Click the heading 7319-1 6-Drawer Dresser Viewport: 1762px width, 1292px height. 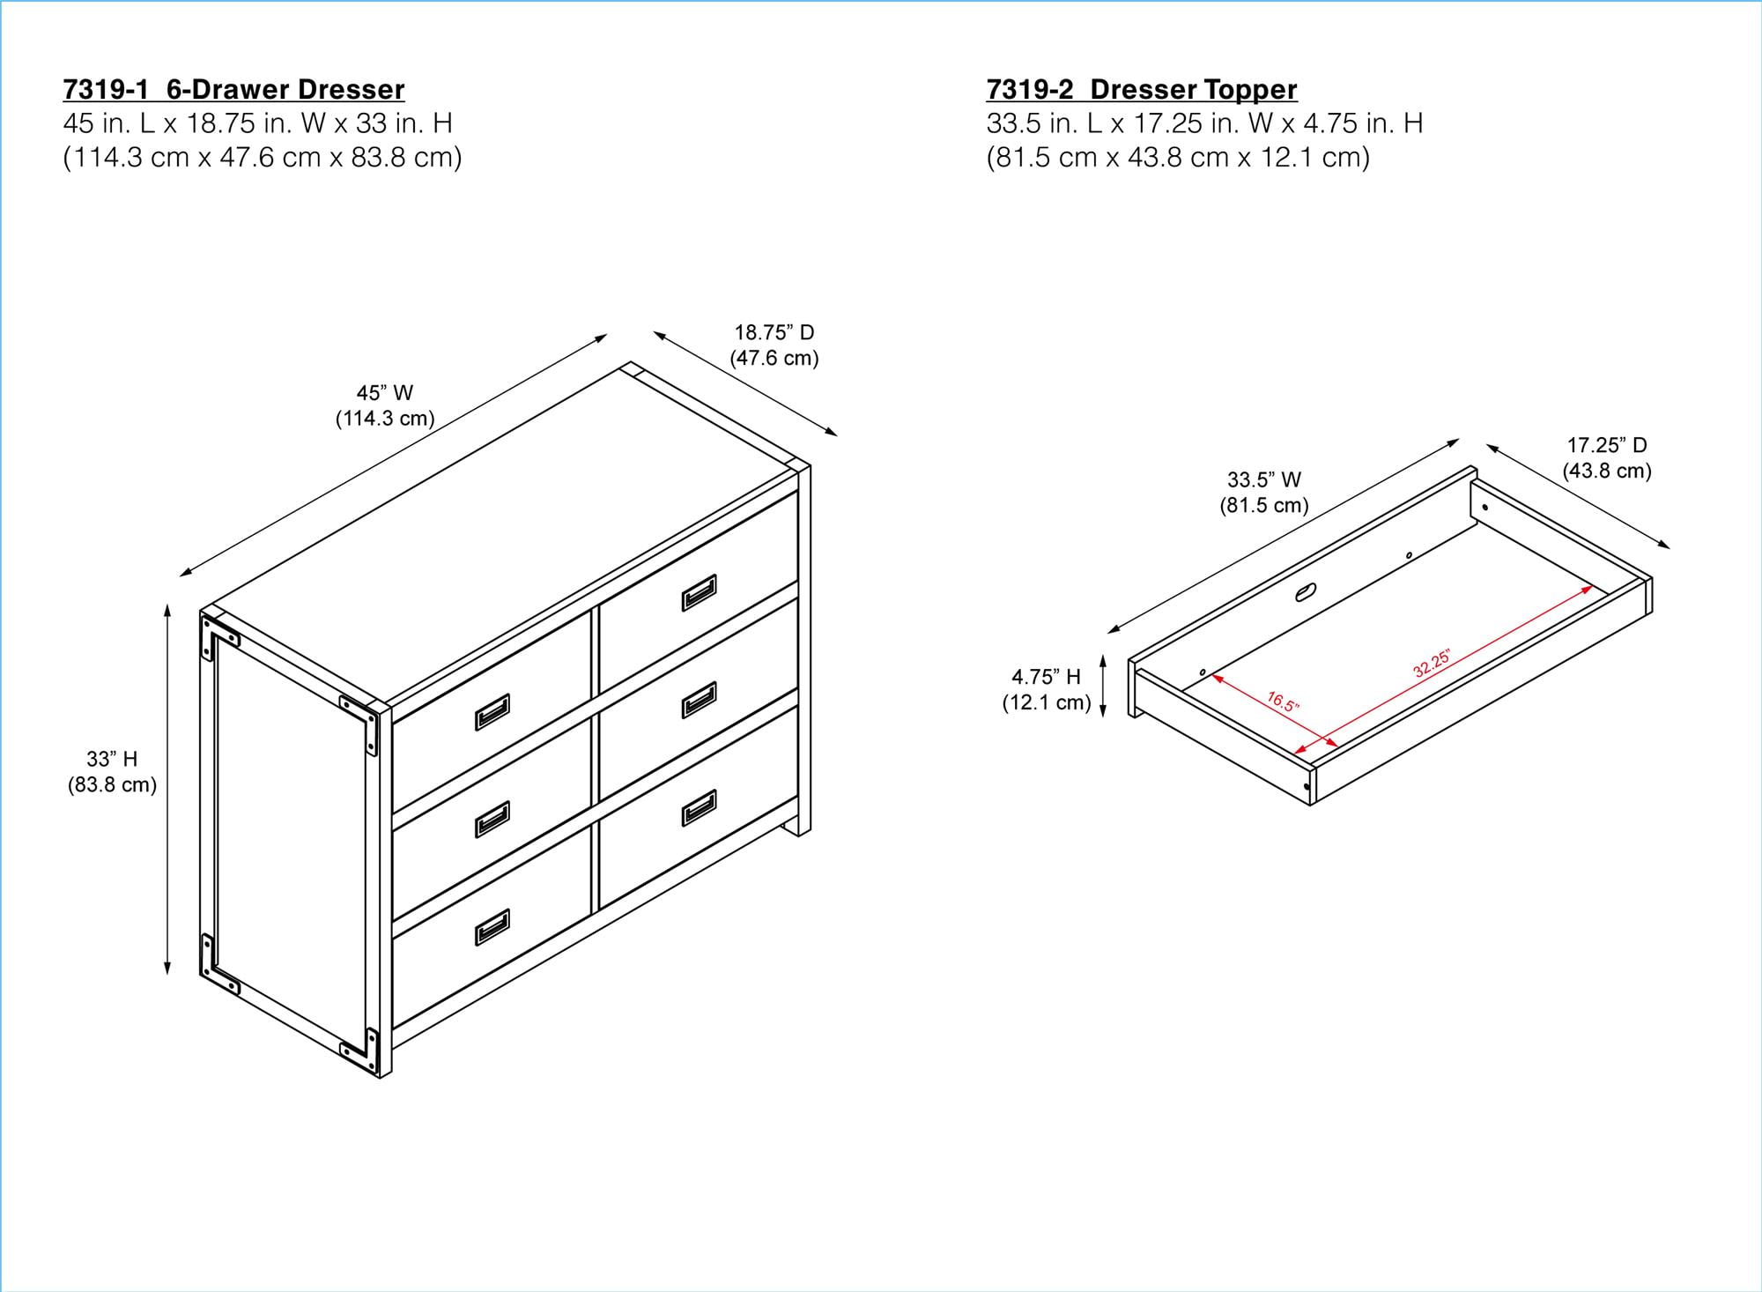[x=233, y=90]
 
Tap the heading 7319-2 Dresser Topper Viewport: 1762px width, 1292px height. [x=1141, y=90]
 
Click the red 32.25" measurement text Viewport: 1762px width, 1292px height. [x=1431, y=664]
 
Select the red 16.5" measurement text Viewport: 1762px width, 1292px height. [x=1283, y=702]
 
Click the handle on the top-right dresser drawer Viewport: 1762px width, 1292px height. [x=699, y=592]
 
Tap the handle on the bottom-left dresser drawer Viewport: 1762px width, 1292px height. [x=492, y=927]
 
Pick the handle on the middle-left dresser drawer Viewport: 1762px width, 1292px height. [x=492, y=820]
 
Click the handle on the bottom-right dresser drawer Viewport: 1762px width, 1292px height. [x=699, y=807]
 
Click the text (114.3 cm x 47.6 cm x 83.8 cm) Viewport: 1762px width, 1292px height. [x=262, y=158]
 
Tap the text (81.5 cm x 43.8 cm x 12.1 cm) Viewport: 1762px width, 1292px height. [x=1178, y=158]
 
